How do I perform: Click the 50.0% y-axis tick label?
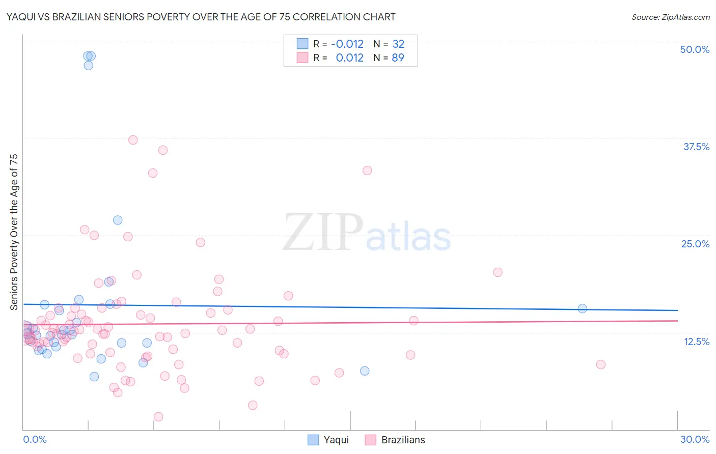click(x=694, y=49)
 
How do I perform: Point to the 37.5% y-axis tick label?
click(x=696, y=147)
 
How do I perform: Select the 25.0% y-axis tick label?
click(x=695, y=244)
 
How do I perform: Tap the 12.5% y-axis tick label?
click(x=696, y=342)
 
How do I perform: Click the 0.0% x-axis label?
click(x=35, y=439)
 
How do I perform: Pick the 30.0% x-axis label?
click(x=695, y=439)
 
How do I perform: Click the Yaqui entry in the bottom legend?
click(x=329, y=440)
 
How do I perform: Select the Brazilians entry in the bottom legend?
click(x=395, y=440)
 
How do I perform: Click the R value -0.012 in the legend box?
click(x=347, y=44)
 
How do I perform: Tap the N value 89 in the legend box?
click(x=398, y=58)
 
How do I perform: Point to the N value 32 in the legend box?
click(x=398, y=44)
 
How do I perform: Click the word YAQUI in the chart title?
click(x=22, y=17)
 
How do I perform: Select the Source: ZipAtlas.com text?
click(x=670, y=17)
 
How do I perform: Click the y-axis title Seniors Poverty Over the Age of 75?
click(x=14, y=232)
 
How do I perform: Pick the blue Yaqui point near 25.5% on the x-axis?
click(x=582, y=308)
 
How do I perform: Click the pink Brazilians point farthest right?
click(x=600, y=364)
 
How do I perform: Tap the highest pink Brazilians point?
click(x=133, y=140)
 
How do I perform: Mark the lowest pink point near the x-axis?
click(x=158, y=417)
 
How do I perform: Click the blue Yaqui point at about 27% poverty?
click(x=118, y=220)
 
